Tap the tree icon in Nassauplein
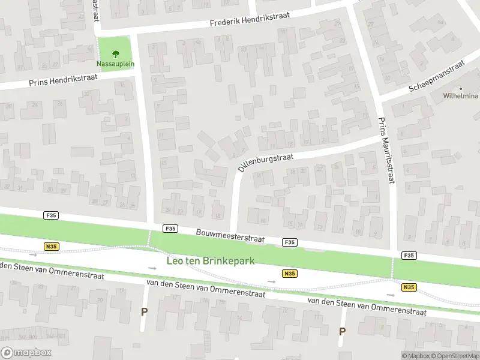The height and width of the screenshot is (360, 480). (115, 53)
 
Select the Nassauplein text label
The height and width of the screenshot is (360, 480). (115, 63)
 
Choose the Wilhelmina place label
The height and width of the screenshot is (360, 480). (461, 96)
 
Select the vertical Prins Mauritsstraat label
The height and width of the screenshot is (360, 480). (385, 151)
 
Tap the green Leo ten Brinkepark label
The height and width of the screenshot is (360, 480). (211, 261)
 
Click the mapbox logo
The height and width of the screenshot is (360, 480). (26, 352)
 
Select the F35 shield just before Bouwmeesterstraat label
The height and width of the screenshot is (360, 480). (170, 228)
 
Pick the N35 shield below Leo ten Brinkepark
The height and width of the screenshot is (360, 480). (273, 274)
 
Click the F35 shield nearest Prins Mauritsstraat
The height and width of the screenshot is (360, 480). (409, 256)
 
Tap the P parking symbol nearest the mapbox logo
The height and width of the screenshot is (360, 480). (143, 311)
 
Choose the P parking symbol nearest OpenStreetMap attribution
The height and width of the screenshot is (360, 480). (342, 331)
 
